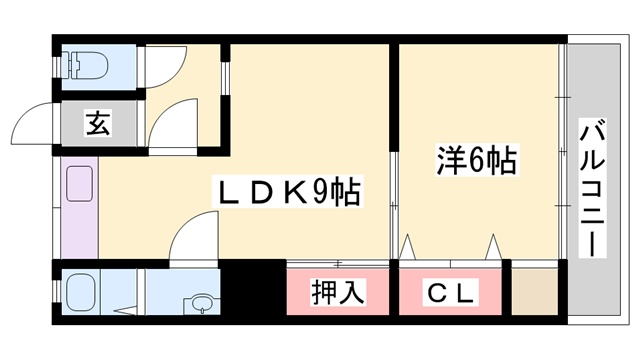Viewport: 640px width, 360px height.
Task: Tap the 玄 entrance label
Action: coord(96,125)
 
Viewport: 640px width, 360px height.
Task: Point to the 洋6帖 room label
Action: coord(477,161)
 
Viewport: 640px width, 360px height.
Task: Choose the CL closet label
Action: coord(452,292)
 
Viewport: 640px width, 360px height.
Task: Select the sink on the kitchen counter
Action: coord(79,185)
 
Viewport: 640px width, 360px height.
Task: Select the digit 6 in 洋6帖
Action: coord(477,161)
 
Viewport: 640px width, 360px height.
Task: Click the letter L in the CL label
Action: coord(466,292)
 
